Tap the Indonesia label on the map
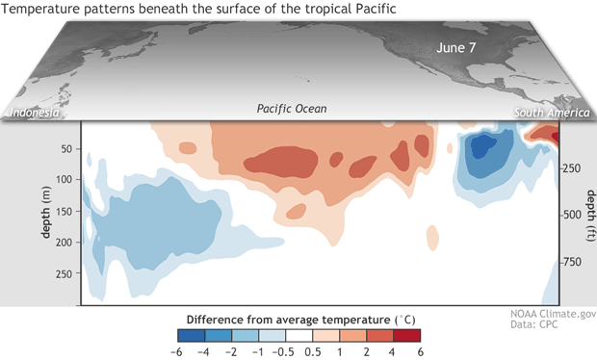35,114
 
